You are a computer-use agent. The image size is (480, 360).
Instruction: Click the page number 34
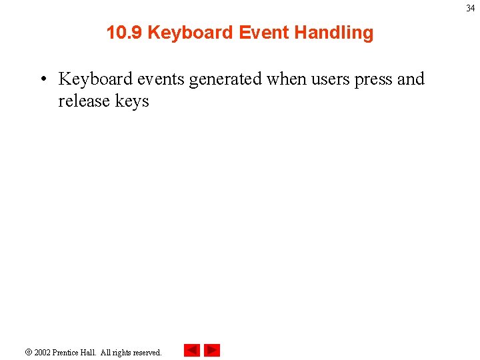pyautogui.click(x=471, y=8)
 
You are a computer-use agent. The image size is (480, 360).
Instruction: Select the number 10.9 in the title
pyautogui.click(x=124, y=33)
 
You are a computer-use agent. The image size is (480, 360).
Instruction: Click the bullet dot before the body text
pyautogui.click(x=42, y=79)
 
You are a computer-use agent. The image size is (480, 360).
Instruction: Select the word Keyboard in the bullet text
pyautogui.click(x=95, y=79)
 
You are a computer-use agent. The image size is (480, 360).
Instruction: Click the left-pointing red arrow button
pyautogui.click(x=192, y=350)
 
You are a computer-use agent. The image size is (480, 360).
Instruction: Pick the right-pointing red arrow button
pyautogui.click(x=212, y=350)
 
